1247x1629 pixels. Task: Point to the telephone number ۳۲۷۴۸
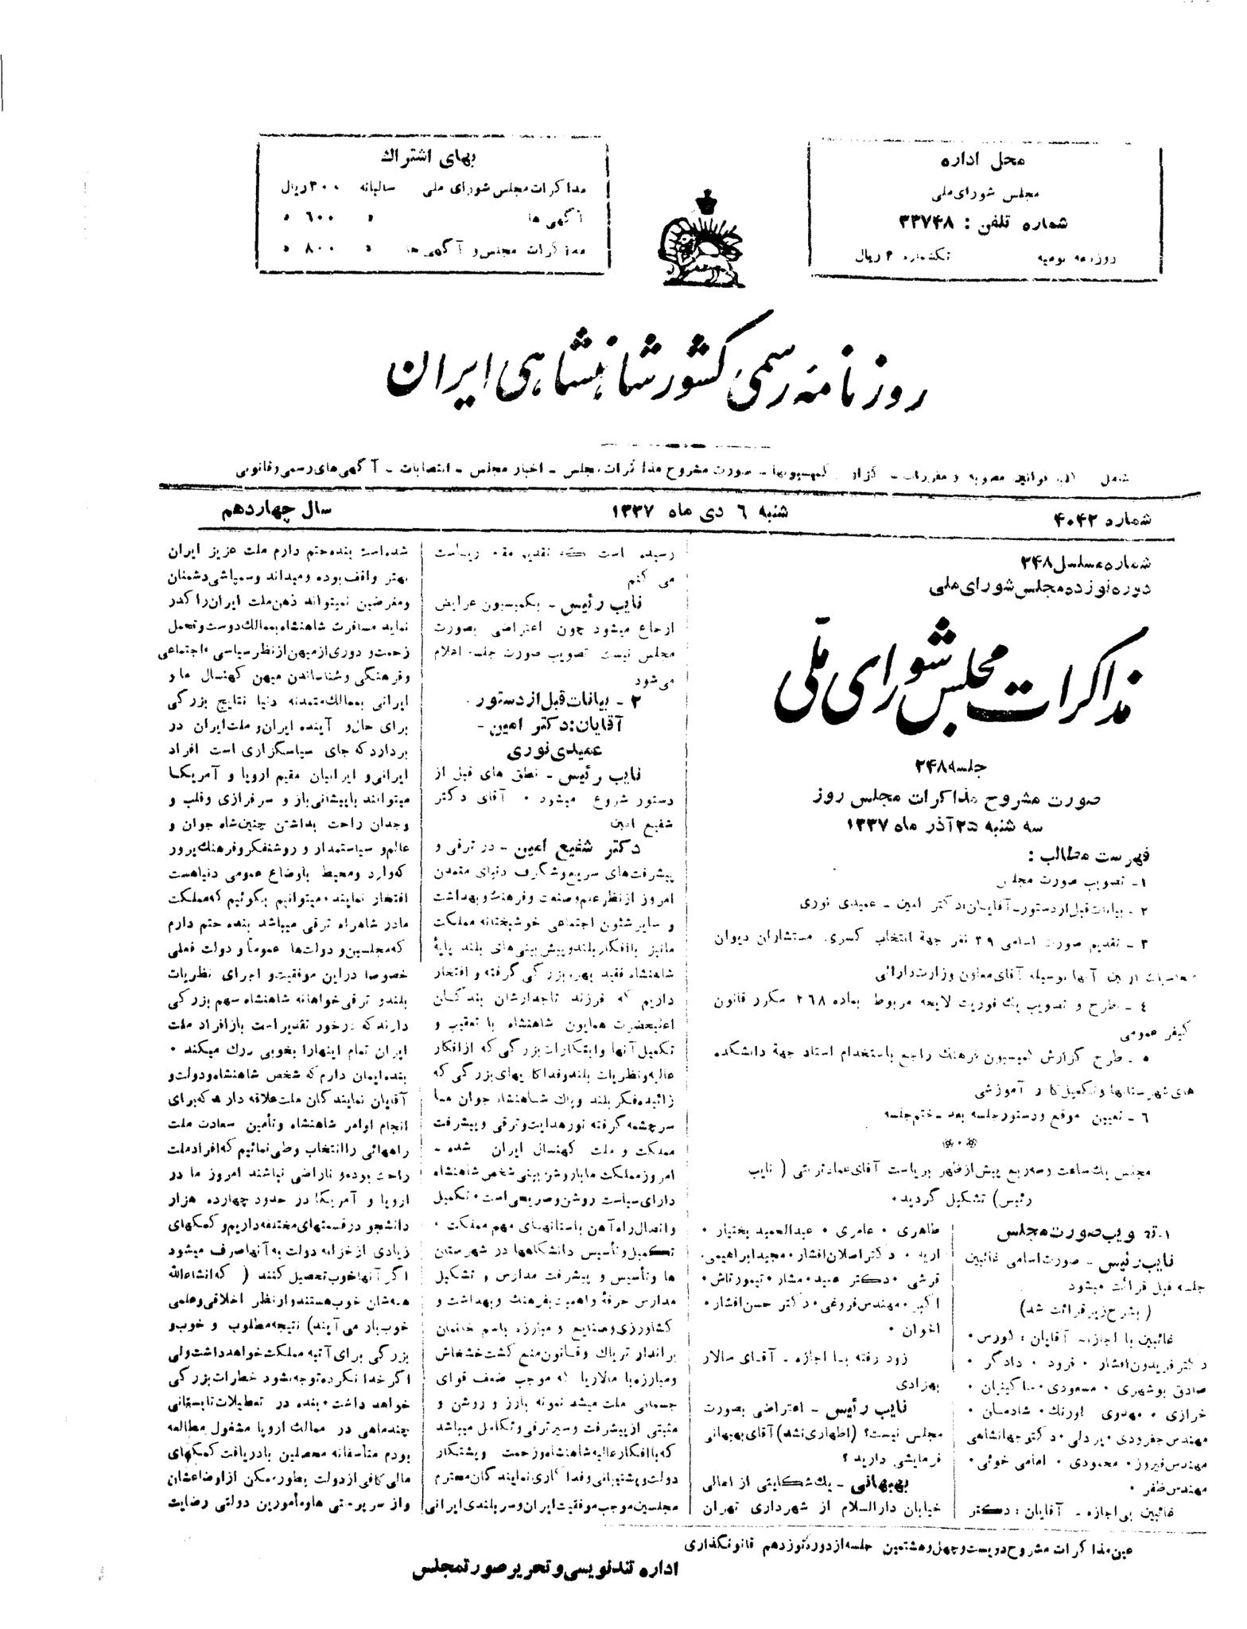[x=938, y=222]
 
